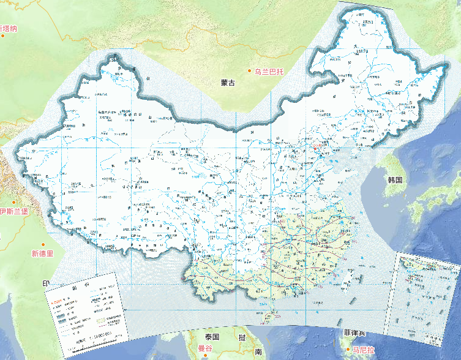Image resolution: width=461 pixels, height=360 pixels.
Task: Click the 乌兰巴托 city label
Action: (x=269, y=72)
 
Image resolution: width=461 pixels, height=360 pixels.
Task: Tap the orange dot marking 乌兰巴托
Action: (x=249, y=72)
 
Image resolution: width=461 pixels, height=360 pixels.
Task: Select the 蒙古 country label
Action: (x=228, y=83)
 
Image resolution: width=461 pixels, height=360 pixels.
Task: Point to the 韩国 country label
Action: (x=394, y=180)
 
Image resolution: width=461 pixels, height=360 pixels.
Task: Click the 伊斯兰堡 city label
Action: (x=13, y=211)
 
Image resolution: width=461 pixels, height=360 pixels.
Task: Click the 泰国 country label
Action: (x=212, y=337)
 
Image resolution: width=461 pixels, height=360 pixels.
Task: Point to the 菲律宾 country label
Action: (x=354, y=334)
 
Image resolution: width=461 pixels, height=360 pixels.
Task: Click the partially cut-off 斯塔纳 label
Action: (x=9, y=28)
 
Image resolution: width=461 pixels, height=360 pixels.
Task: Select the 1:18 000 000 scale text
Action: (x=102, y=336)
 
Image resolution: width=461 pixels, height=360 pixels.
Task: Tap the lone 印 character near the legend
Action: (x=45, y=284)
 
